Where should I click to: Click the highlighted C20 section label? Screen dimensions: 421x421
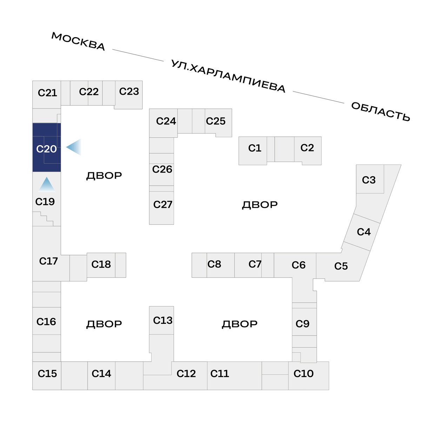pyautogui.click(x=46, y=149)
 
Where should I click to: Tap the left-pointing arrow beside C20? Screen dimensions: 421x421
pyautogui.click(x=74, y=147)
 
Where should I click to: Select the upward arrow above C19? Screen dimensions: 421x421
pyautogui.click(x=47, y=185)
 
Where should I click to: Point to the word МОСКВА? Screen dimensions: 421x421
pyautogui.click(x=78, y=41)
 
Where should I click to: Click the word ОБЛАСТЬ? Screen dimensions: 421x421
pyautogui.click(x=380, y=112)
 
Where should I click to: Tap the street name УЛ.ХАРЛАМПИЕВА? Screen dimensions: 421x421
pyautogui.click(x=228, y=76)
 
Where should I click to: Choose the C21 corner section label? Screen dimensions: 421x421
pyautogui.click(x=47, y=93)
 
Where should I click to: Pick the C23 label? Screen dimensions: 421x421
pyautogui.click(x=129, y=91)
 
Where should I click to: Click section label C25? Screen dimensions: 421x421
pyautogui.click(x=216, y=121)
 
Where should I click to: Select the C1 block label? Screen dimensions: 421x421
pyautogui.click(x=255, y=148)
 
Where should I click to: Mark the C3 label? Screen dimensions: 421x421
pyautogui.click(x=369, y=180)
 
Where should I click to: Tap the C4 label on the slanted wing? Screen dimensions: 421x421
pyautogui.click(x=364, y=232)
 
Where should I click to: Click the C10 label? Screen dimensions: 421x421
pyautogui.click(x=303, y=373)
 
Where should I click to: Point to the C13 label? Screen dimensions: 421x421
pyautogui.click(x=163, y=320)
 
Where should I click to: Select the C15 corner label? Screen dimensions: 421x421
pyautogui.click(x=47, y=373)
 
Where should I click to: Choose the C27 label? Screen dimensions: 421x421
pyautogui.click(x=163, y=205)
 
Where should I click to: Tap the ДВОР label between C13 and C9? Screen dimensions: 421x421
pyautogui.click(x=240, y=324)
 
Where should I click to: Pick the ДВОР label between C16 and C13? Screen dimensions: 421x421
pyautogui.click(x=104, y=324)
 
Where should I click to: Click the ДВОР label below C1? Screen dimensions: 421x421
pyautogui.click(x=260, y=205)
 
